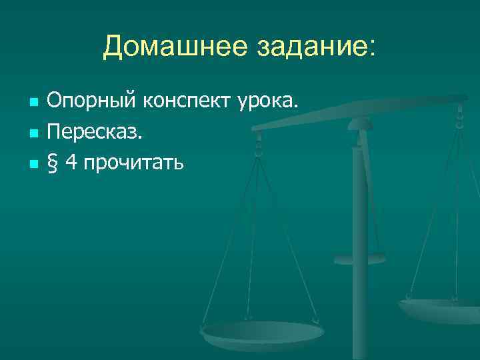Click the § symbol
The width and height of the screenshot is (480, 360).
tap(52, 162)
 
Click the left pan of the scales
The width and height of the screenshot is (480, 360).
tap(263, 333)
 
